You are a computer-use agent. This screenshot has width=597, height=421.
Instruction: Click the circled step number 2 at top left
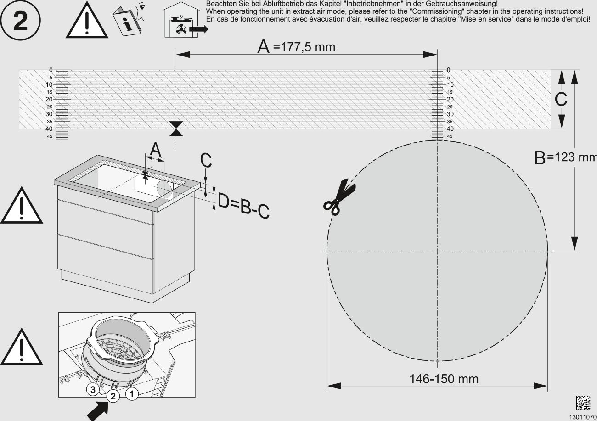[x=20, y=21]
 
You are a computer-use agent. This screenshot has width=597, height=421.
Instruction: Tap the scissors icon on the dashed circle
[x=339, y=196]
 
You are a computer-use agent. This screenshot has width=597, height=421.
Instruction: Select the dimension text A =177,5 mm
[x=296, y=47]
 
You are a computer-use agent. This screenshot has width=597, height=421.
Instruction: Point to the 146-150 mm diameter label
[x=444, y=379]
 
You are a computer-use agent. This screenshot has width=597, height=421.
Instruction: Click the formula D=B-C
[x=243, y=205]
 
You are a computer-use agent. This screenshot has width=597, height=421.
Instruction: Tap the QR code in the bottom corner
[x=583, y=403]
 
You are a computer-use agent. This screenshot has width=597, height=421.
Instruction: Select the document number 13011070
[x=583, y=417]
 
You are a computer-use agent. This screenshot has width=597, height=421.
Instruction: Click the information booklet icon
[x=129, y=19]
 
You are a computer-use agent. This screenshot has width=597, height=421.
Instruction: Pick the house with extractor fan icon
[x=184, y=20]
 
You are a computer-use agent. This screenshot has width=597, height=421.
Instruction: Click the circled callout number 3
[x=93, y=390]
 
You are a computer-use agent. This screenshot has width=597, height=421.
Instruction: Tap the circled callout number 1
[x=132, y=393]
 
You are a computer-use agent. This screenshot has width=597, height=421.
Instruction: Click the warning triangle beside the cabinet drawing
[x=22, y=206]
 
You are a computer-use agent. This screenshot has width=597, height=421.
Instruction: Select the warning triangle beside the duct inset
[x=22, y=347]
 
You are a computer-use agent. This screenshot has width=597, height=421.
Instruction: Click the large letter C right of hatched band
[x=561, y=99]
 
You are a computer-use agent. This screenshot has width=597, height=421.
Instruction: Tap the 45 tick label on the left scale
[x=50, y=136]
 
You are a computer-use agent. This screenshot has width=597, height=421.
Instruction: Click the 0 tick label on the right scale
[x=448, y=70]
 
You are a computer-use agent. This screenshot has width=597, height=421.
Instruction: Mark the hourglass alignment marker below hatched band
[x=176, y=129]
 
